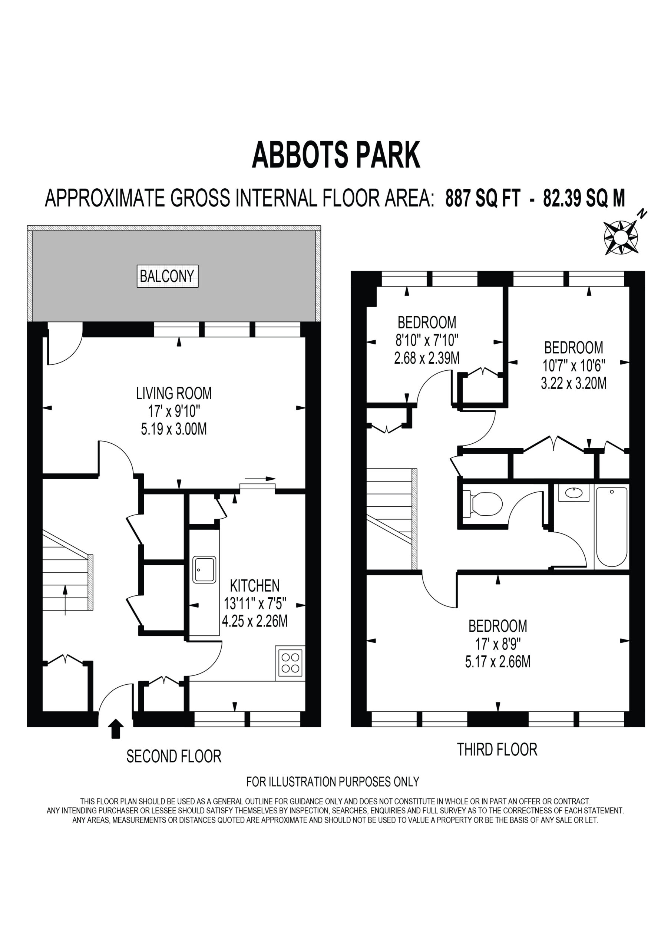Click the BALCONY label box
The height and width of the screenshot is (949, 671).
168,276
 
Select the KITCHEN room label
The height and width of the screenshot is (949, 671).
255,585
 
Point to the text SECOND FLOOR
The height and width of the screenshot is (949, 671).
173,756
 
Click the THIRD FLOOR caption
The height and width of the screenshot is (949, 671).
497,749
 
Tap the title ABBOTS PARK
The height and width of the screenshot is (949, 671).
336,155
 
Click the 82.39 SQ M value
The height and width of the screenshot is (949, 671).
584,198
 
